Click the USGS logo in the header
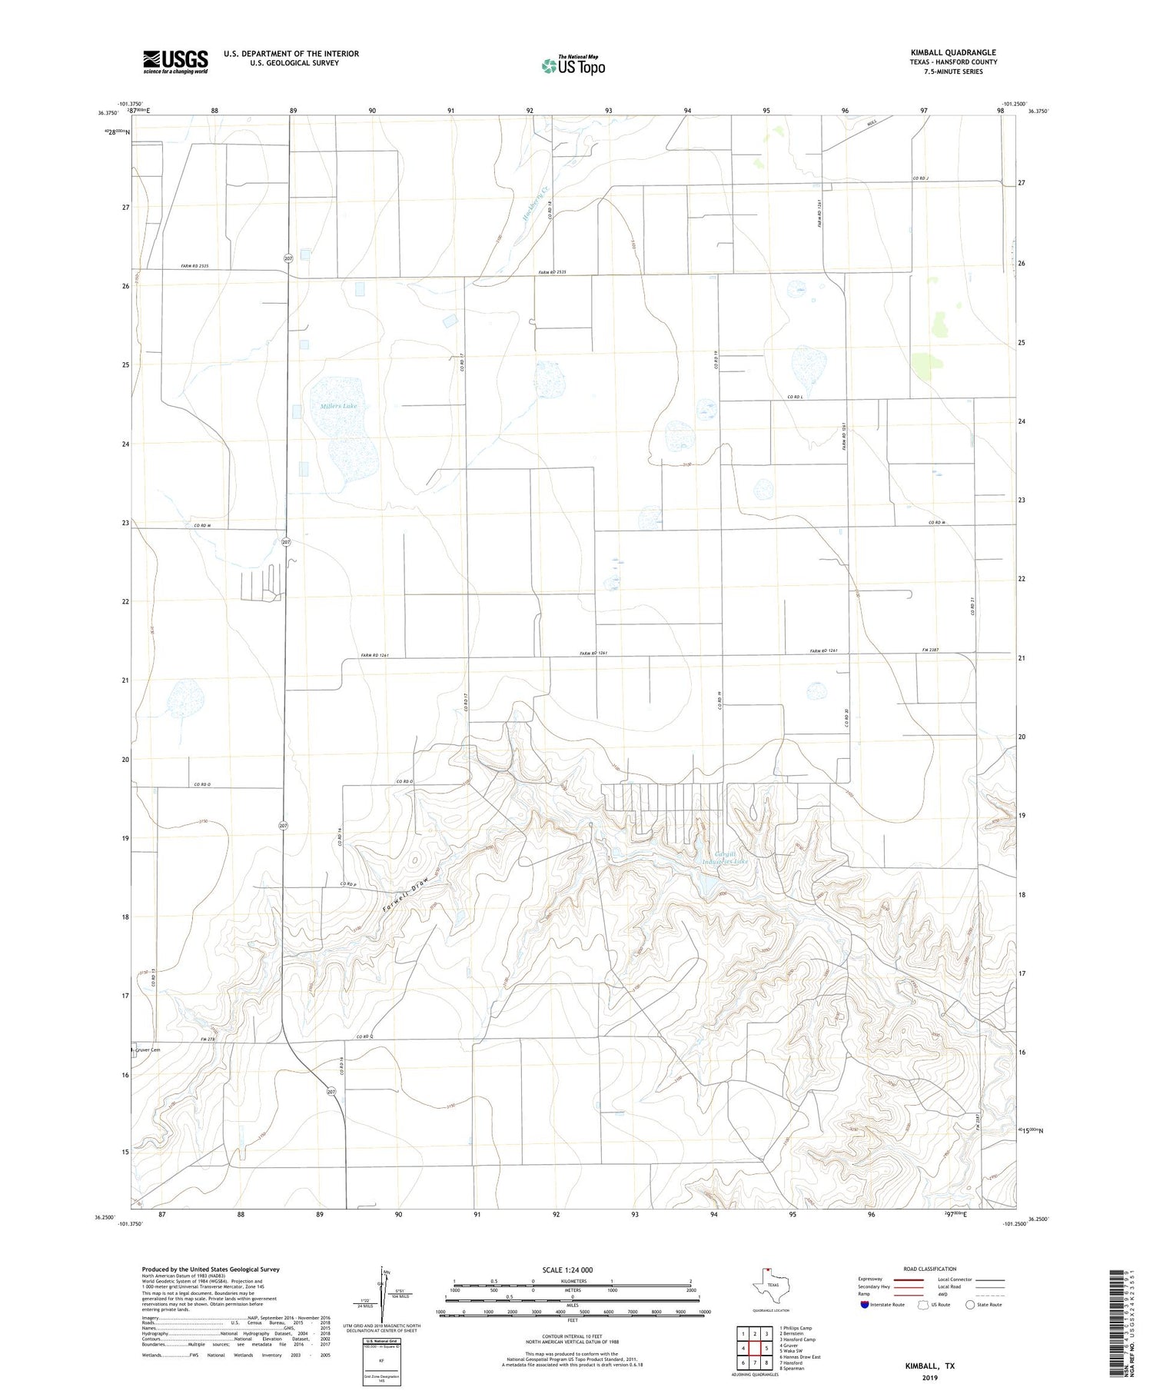coord(174,62)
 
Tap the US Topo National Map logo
coord(573,65)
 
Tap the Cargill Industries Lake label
coord(725,858)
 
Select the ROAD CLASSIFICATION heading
coord(929,1269)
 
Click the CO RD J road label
coord(921,178)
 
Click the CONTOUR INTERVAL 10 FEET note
coord(573,1339)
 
